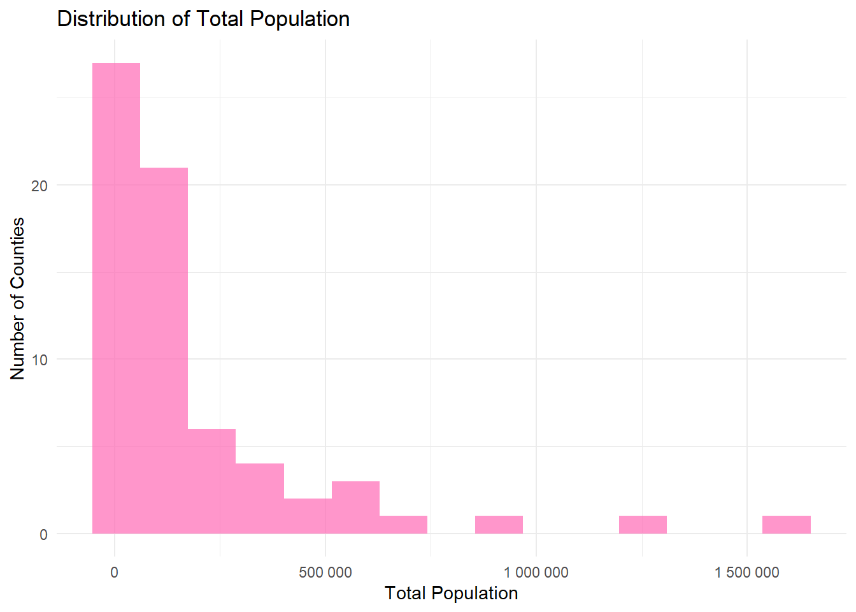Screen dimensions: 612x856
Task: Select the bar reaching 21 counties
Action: click(x=164, y=351)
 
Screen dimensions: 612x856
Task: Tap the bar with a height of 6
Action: click(x=211, y=481)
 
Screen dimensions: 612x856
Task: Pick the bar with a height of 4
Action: click(x=260, y=499)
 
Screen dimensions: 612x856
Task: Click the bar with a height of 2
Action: click(x=308, y=516)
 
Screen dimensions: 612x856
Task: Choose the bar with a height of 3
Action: click(x=355, y=507)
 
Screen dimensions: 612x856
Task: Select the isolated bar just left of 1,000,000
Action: click(x=499, y=525)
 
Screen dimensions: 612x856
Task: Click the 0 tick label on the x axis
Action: click(x=114, y=572)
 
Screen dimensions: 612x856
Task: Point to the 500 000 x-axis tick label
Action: click(x=325, y=572)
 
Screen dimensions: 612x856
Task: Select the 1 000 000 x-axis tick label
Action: click(x=536, y=572)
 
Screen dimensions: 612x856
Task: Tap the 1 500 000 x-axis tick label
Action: click(x=746, y=572)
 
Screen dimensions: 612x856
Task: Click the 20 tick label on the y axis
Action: click(x=39, y=186)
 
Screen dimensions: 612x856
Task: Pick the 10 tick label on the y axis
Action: click(x=39, y=360)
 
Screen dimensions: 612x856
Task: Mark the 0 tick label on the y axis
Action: click(x=43, y=534)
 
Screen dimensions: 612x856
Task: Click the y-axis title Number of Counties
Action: click(x=17, y=298)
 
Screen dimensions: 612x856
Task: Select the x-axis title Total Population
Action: click(x=451, y=594)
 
